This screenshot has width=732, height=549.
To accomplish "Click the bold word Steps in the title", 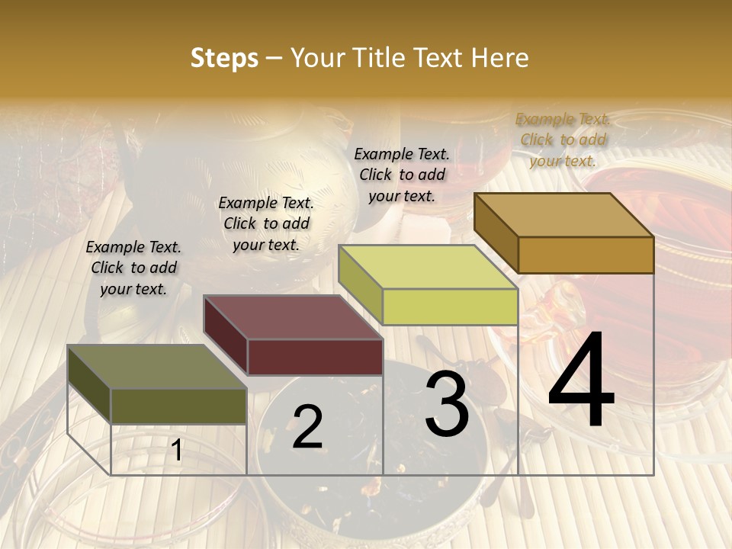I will point(224,58).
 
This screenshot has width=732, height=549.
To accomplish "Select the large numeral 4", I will point(581,381).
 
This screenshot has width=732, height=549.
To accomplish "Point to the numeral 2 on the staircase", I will point(307,427).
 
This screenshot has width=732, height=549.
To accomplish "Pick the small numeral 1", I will point(176,451).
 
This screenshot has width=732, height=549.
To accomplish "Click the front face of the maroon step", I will point(315,357).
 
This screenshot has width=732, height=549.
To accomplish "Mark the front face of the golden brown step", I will point(586,255).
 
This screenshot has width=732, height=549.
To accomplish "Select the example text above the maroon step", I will point(266,223).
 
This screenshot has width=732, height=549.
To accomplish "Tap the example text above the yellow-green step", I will point(402,175).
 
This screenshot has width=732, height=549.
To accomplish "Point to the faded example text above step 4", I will point(563,140).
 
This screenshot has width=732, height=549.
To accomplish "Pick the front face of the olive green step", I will point(178,406).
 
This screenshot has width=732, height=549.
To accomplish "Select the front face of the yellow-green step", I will point(450,307).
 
